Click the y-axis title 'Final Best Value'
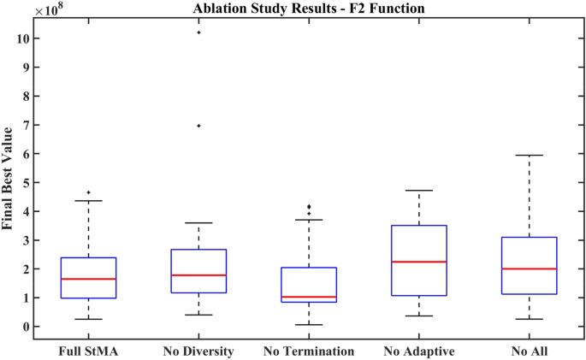[x=9, y=178]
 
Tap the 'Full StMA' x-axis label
[x=88, y=351]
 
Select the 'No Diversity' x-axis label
[x=198, y=351]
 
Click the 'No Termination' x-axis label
[x=309, y=351]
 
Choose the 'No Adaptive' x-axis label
[x=418, y=351]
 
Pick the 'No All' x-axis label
[x=529, y=351]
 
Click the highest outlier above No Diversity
[x=198, y=32]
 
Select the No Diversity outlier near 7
[x=198, y=126]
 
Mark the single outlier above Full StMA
[x=88, y=192]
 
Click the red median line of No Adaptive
[x=418, y=262]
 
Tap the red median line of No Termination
[x=309, y=297]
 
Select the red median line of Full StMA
[x=88, y=279]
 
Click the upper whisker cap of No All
[x=529, y=155]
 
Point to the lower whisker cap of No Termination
[x=309, y=325]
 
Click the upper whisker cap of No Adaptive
[x=418, y=191]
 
